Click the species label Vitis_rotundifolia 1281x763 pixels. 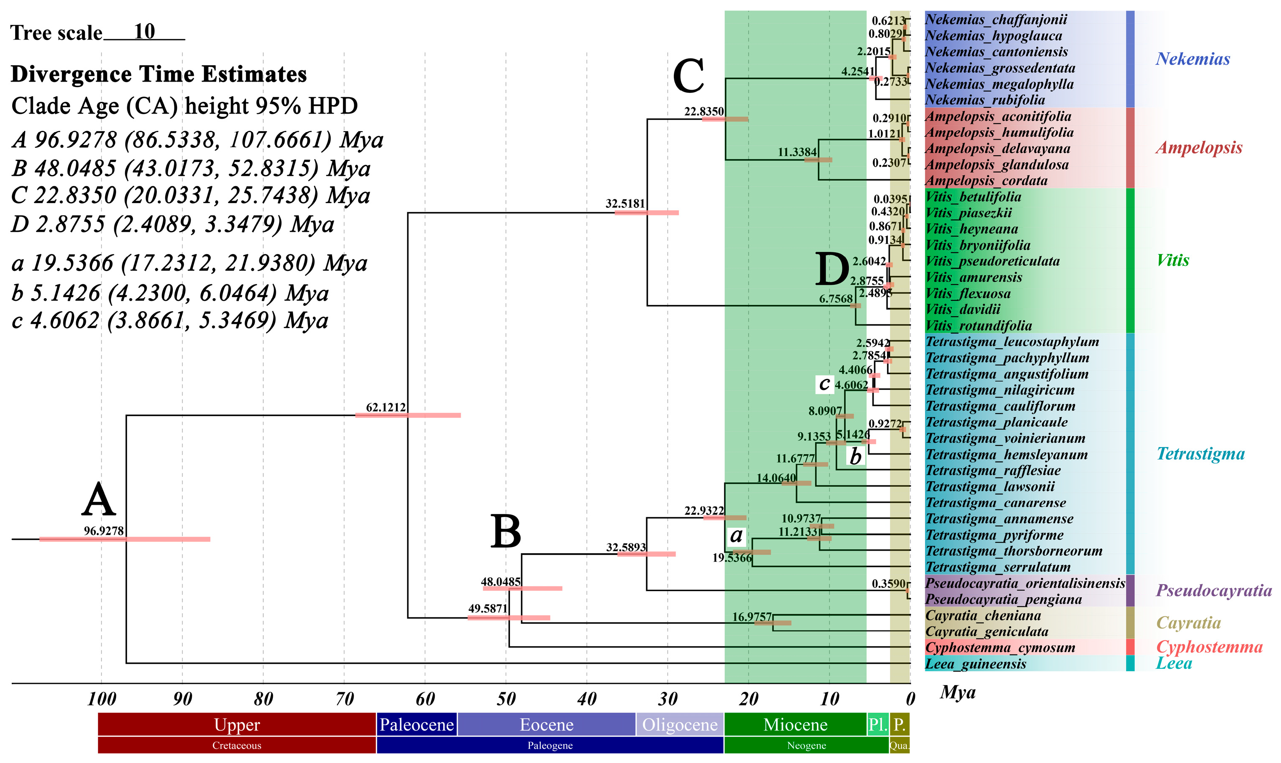pos(978,326)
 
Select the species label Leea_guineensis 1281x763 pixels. pos(975,664)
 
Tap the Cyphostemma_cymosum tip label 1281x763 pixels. pos(1000,647)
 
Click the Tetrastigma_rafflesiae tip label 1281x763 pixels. pos(993,470)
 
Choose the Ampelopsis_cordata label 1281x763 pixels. pos(985,180)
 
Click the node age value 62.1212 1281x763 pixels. pos(386,407)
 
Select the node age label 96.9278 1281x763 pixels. pos(104,530)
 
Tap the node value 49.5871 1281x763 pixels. pos(487,608)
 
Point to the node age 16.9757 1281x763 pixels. pos(751,617)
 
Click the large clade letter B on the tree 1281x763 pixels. pos(506,532)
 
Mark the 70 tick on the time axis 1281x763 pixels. pos(344,699)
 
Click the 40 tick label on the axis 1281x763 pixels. pos(587,699)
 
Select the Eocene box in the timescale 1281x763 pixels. pos(546,724)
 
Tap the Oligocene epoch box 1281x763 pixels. pos(679,724)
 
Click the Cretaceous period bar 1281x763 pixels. pos(236,745)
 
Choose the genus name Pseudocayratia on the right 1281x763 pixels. pos(1213,590)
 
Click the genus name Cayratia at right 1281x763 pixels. pos(1188,623)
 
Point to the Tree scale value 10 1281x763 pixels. pos(144,32)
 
